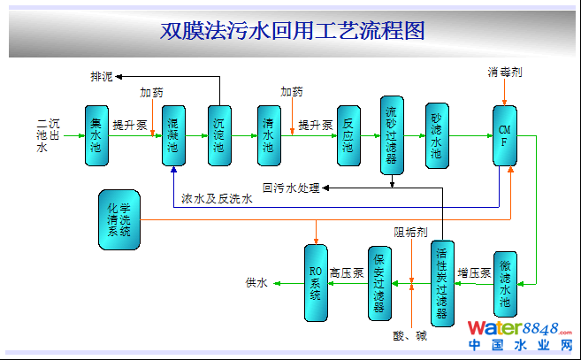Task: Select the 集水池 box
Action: (x=96, y=136)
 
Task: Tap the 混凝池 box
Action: (x=173, y=136)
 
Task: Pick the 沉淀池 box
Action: (x=218, y=136)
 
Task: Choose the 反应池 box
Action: (x=348, y=136)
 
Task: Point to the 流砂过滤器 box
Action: (x=392, y=134)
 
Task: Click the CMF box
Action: (x=505, y=135)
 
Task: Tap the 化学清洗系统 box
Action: (x=118, y=218)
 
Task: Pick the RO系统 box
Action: (x=316, y=283)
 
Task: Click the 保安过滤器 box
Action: (x=379, y=283)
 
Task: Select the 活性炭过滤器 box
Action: (x=443, y=283)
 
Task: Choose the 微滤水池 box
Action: (x=504, y=283)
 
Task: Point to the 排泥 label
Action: (x=103, y=77)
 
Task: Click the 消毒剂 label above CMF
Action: (x=504, y=71)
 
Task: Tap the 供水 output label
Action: (x=256, y=283)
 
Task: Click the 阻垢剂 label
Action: (x=411, y=233)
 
